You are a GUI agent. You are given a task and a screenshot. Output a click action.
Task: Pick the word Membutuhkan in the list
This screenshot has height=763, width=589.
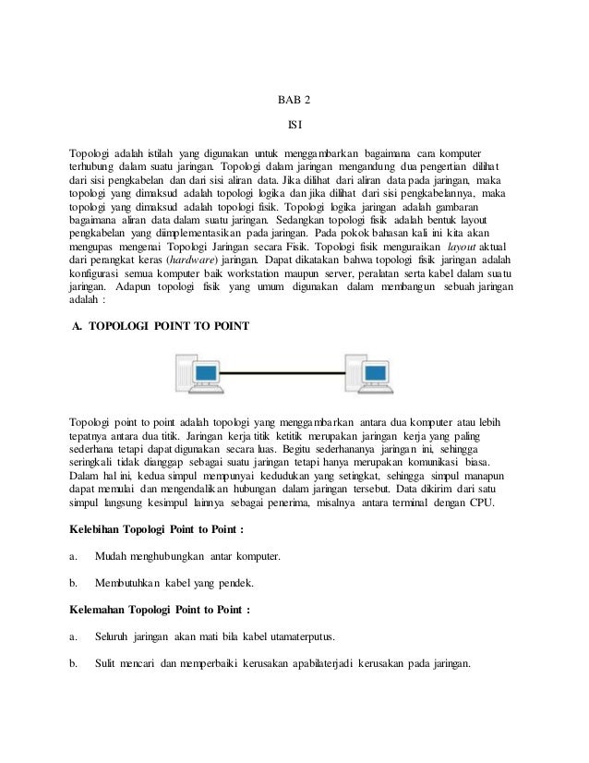tap(127, 584)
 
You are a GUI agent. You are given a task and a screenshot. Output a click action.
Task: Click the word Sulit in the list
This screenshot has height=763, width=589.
tap(106, 662)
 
